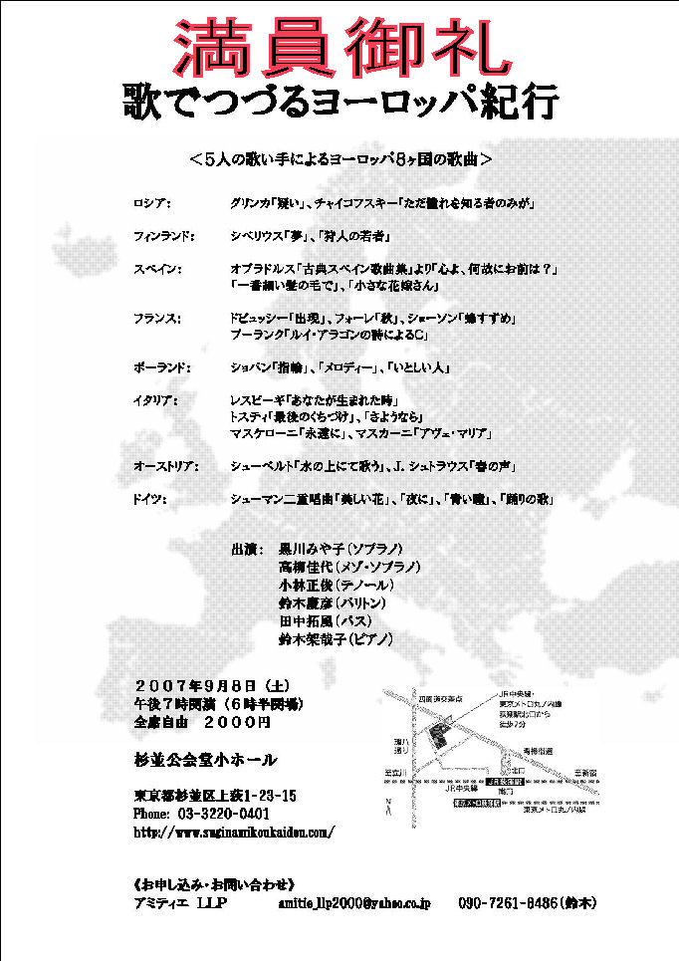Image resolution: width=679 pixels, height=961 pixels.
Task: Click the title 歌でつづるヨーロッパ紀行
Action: tap(340, 101)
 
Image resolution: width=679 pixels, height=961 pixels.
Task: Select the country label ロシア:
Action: tap(152, 202)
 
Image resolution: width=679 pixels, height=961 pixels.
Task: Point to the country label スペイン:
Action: tap(157, 269)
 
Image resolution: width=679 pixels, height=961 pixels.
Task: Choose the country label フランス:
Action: tap(157, 319)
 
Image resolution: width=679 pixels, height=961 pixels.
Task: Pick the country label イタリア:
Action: tap(156, 400)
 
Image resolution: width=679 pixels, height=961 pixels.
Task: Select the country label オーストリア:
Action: tap(166, 466)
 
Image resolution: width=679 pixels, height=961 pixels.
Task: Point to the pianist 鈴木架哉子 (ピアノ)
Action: tap(337, 638)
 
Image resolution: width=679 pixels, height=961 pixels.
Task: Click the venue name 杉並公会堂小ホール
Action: tap(206, 760)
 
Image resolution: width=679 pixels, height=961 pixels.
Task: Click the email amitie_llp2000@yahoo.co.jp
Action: tap(355, 903)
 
